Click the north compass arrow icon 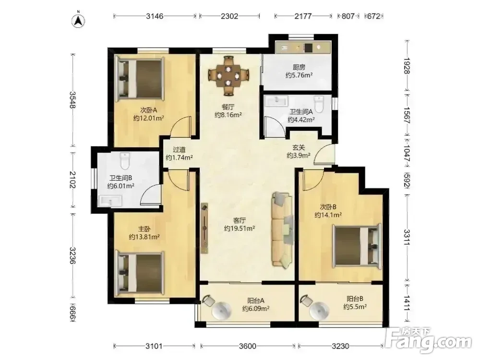click(x=78, y=21)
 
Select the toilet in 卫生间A click(x=319, y=104)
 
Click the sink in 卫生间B click(x=110, y=201)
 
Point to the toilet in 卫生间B click(x=125, y=160)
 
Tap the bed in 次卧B click(x=357, y=247)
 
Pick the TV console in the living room click(x=204, y=228)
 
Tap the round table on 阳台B click(x=319, y=311)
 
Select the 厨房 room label click(x=299, y=67)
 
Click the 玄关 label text click(x=299, y=147)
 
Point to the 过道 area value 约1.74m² click(x=179, y=157)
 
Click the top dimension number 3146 click(x=155, y=16)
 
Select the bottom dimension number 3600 click(x=247, y=346)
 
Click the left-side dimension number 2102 click(x=72, y=180)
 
